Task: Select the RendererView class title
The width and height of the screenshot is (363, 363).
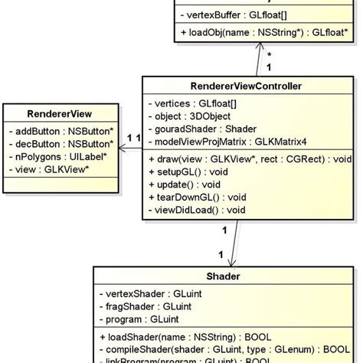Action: pyautogui.click(x=60, y=113)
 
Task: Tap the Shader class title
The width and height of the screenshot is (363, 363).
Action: pyautogui.click(x=224, y=276)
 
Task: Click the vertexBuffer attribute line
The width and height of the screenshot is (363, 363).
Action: pyautogui.click(x=233, y=14)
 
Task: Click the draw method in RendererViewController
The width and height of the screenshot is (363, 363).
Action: pyautogui.click(x=249, y=159)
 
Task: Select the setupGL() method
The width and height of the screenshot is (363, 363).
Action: pyautogui.click(x=181, y=172)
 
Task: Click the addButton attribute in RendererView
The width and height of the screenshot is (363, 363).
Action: pyautogui.click(x=60, y=131)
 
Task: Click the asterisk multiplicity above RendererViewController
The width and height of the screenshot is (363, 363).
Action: pyautogui.click(x=268, y=54)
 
